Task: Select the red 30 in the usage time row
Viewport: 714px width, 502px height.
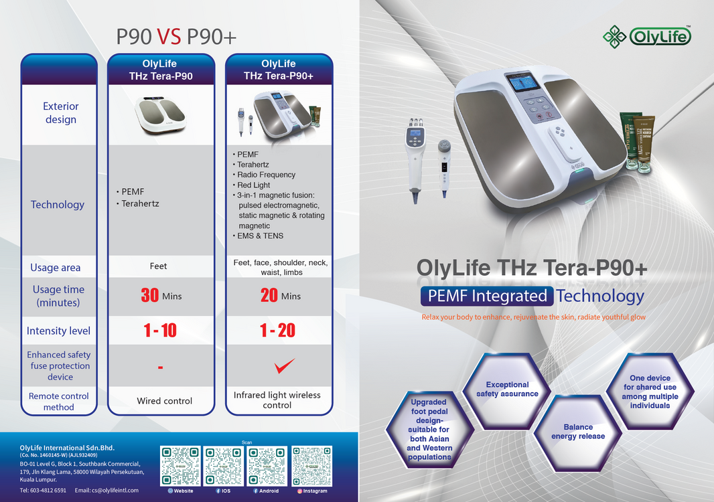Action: click(x=150, y=295)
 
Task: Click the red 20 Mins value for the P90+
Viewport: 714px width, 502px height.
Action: click(x=280, y=295)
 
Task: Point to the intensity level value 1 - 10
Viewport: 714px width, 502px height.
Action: click(x=160, y=331)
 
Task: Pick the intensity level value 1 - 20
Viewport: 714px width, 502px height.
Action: click(x=277, y=331)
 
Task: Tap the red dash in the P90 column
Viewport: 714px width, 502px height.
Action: click(x=161, y=367)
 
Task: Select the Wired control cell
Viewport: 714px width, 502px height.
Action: click(x=164, y=401)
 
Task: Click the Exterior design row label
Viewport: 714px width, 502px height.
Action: click(x=60, y=113)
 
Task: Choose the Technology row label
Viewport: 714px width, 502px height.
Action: click(x=58, y=205)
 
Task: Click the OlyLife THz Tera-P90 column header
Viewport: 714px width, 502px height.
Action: click(x=161, y=70)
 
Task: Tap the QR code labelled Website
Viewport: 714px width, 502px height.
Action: click(x=180, y=465)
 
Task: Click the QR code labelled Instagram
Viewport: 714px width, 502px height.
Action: click(x=311, y=465)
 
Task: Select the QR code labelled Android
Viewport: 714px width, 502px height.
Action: click(x=268, y=465)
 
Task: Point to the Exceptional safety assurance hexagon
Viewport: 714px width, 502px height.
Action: click(x=507, y=390)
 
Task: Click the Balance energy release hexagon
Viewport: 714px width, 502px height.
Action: click(x=577, y=432)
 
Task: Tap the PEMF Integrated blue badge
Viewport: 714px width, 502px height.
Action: click(x=487, y=296)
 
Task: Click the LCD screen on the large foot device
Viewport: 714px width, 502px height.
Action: click(x=524, y=84)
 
